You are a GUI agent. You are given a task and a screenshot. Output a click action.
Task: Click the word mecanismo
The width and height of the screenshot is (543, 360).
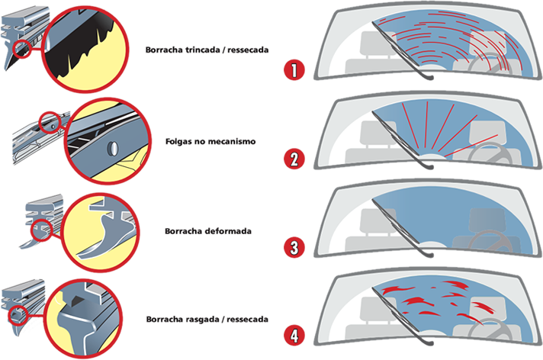(x=236, y=141)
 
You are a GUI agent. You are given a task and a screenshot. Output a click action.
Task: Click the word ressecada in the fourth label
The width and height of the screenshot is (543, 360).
(x=247, y=317)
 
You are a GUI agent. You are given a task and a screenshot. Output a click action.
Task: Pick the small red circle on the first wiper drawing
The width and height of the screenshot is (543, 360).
(x=24, y=51)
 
